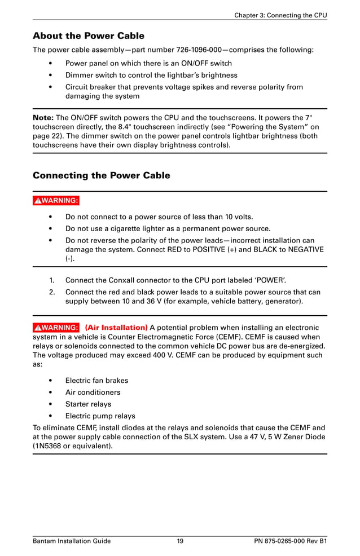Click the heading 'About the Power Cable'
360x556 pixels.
click(89, 36)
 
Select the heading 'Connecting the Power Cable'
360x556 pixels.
click(102, 175)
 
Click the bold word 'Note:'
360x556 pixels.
click(43, 118)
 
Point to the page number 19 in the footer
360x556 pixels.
click(180, 541)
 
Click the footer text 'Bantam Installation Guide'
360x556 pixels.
click(72, 541)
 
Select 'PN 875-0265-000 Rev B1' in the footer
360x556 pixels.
click(291, 541)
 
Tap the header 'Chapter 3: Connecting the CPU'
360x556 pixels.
click(280, 15)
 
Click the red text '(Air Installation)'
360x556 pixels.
click(116, 328)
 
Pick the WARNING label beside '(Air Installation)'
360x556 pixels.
click(56, 328)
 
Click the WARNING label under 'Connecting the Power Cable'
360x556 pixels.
click(56, 200)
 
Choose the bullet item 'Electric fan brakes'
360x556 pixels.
click(96, 381)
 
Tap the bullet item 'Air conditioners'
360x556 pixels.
click(93, 392)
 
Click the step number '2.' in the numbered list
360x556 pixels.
click(51, 292)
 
